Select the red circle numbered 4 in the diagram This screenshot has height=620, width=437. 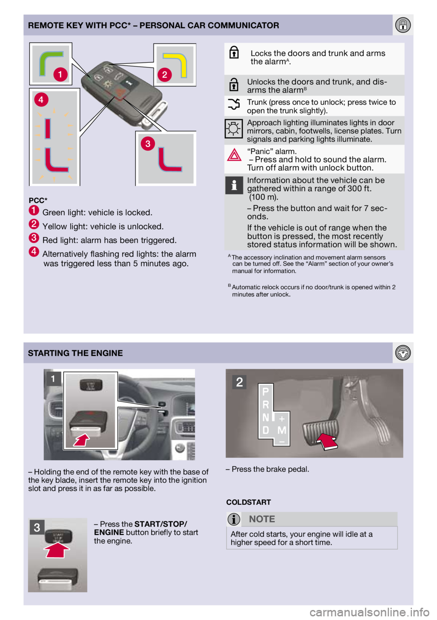[x=41, y=99]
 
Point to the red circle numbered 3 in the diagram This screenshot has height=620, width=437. [x=147, y=144]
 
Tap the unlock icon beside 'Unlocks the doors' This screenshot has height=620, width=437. [x=234, y=85]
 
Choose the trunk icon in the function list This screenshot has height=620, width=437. [x=234, y=105]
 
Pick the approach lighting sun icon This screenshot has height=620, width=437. [x=234, y=129]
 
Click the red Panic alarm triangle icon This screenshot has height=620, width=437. [x=234, y=155]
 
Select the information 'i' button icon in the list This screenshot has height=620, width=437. [x=234, y=185]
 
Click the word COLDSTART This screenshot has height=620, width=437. [x=249, y=502]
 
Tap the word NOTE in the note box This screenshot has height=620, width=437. [x=262, y=519]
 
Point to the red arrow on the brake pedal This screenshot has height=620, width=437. [x=326, y=441]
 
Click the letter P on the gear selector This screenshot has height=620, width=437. [x=265, y=391]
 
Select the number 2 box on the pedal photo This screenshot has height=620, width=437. [x=239, y=382]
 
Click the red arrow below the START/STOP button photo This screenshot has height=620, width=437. [x=57, y=550]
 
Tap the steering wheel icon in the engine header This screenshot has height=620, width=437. [x=403, y=353]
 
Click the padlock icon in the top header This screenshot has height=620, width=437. [x=403, y=25]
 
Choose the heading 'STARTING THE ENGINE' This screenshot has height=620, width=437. [x=76, y=353]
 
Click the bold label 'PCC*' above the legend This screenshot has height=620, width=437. [x=38, y=200]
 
